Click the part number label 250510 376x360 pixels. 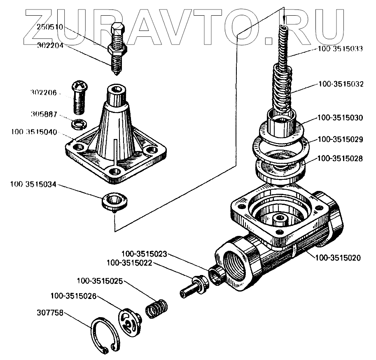[50, 28]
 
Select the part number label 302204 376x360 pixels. [50, 46]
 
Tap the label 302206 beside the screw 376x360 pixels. [43, 93]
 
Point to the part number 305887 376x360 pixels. [43, 113]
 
